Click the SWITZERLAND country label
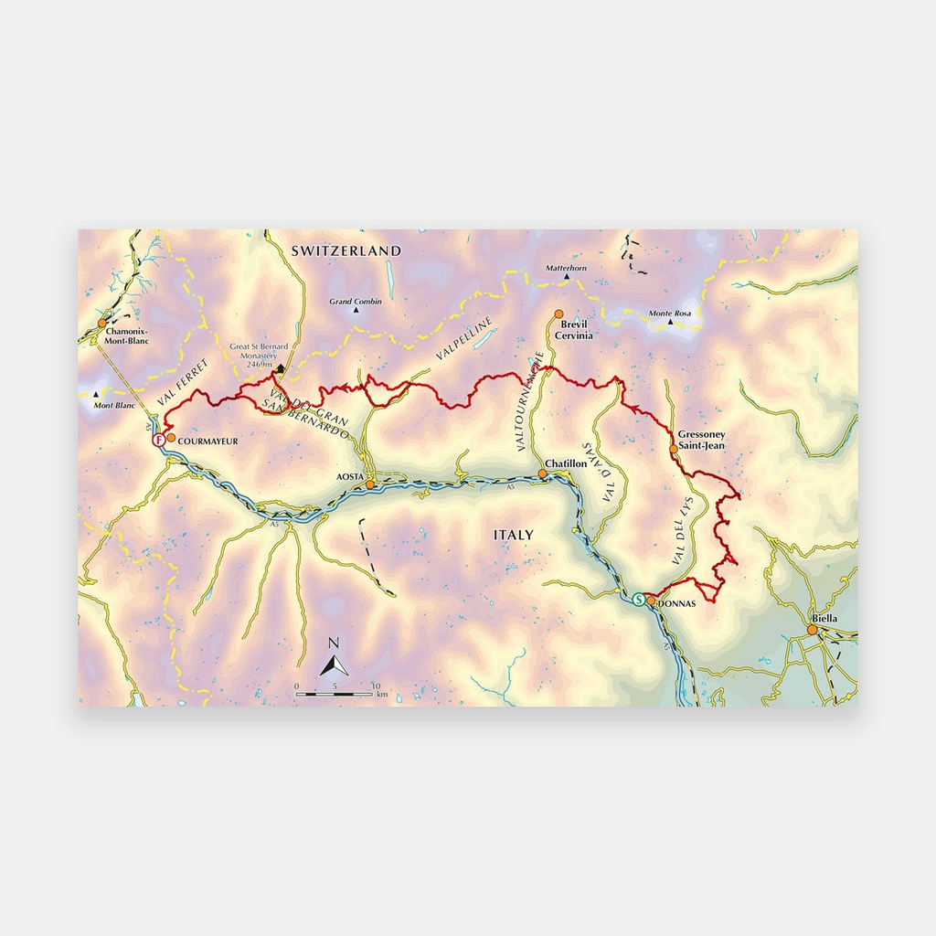346,250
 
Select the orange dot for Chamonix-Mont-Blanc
102,323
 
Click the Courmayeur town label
207,441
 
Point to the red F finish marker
159,440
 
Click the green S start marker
638,600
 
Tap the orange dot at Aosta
371,484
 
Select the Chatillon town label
566,464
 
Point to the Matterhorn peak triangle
567,277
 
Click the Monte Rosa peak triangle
670,323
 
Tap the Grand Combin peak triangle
356,310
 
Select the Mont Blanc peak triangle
95,395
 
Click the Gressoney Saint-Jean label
701,440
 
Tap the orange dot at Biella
811,629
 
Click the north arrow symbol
335,664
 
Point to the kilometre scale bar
335,695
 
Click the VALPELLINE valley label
464,337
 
